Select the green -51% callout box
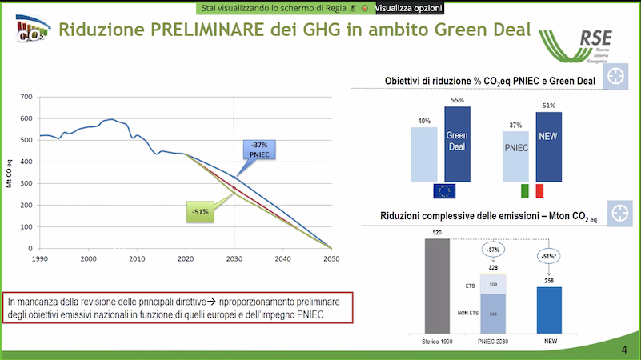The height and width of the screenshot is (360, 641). [199, 212]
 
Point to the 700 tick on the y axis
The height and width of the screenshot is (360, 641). [26, 97]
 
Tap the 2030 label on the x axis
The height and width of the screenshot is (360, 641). [234, 259]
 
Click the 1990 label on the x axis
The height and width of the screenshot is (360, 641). [39, 259]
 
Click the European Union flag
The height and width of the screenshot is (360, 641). [443, 190]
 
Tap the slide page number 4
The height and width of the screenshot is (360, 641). [624, 350]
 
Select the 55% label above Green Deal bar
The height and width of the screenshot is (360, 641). [457, 100]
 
